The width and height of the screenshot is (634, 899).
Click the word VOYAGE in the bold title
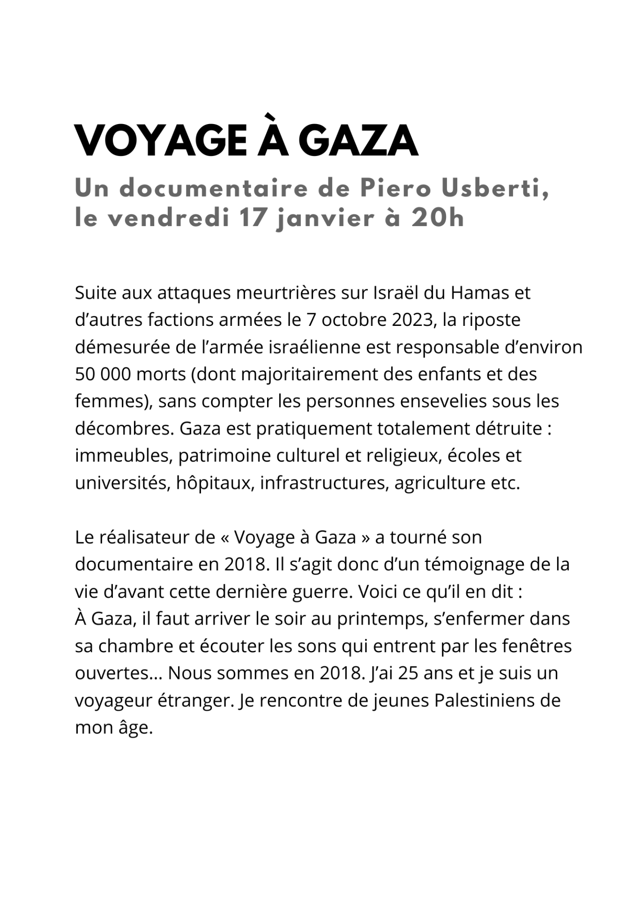coord(161,140)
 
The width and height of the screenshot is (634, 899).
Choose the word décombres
coord(124,428)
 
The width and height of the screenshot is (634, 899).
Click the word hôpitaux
coord(215,483)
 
